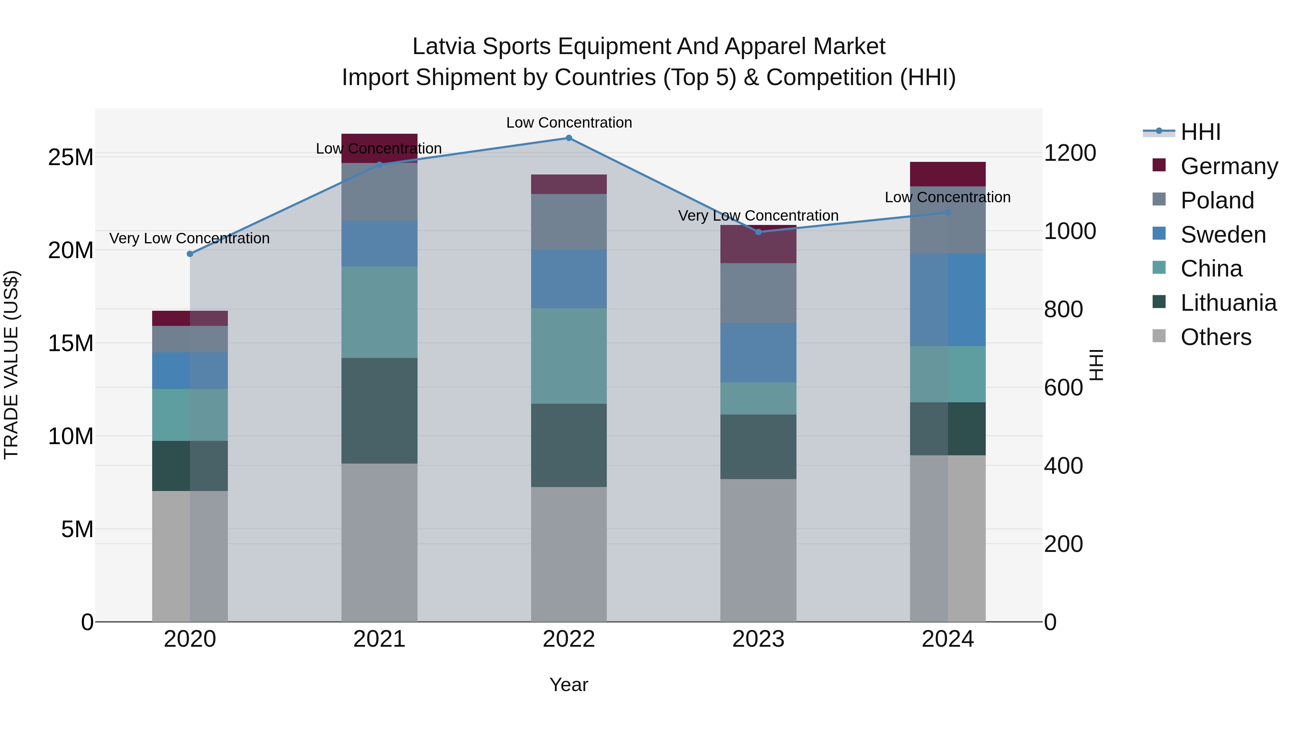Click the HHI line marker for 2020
pyautogui.click(x=190, y=254)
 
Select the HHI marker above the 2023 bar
pyautogui.click(x=758, y=232)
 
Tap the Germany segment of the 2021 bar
pyautogui.click(x=379, y=148)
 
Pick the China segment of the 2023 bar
pyautogui.click(x=758, y=398)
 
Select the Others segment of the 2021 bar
pyautogui.click(x=379, y=542)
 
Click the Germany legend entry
pyautogui.click(x=1228, y=166)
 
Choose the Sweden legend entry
pyautogui.click(x=1222, y=235)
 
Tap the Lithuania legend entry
pyautogui.click(x=1228, y=303)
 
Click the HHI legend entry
pyautogui.click(x=1200, y=132)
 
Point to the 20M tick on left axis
pyautogui.click(x=71, y=251)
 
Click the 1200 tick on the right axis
pyautogui.click(x=1069, y=153)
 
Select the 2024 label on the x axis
pyautogui.click(x=947, y=639)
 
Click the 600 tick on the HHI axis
pyautogui.click(x=1063, y=388)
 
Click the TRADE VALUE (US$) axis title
pyautogui.click(x=11, y=365)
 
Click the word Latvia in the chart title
pyautogui.click(x=443, y=47)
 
